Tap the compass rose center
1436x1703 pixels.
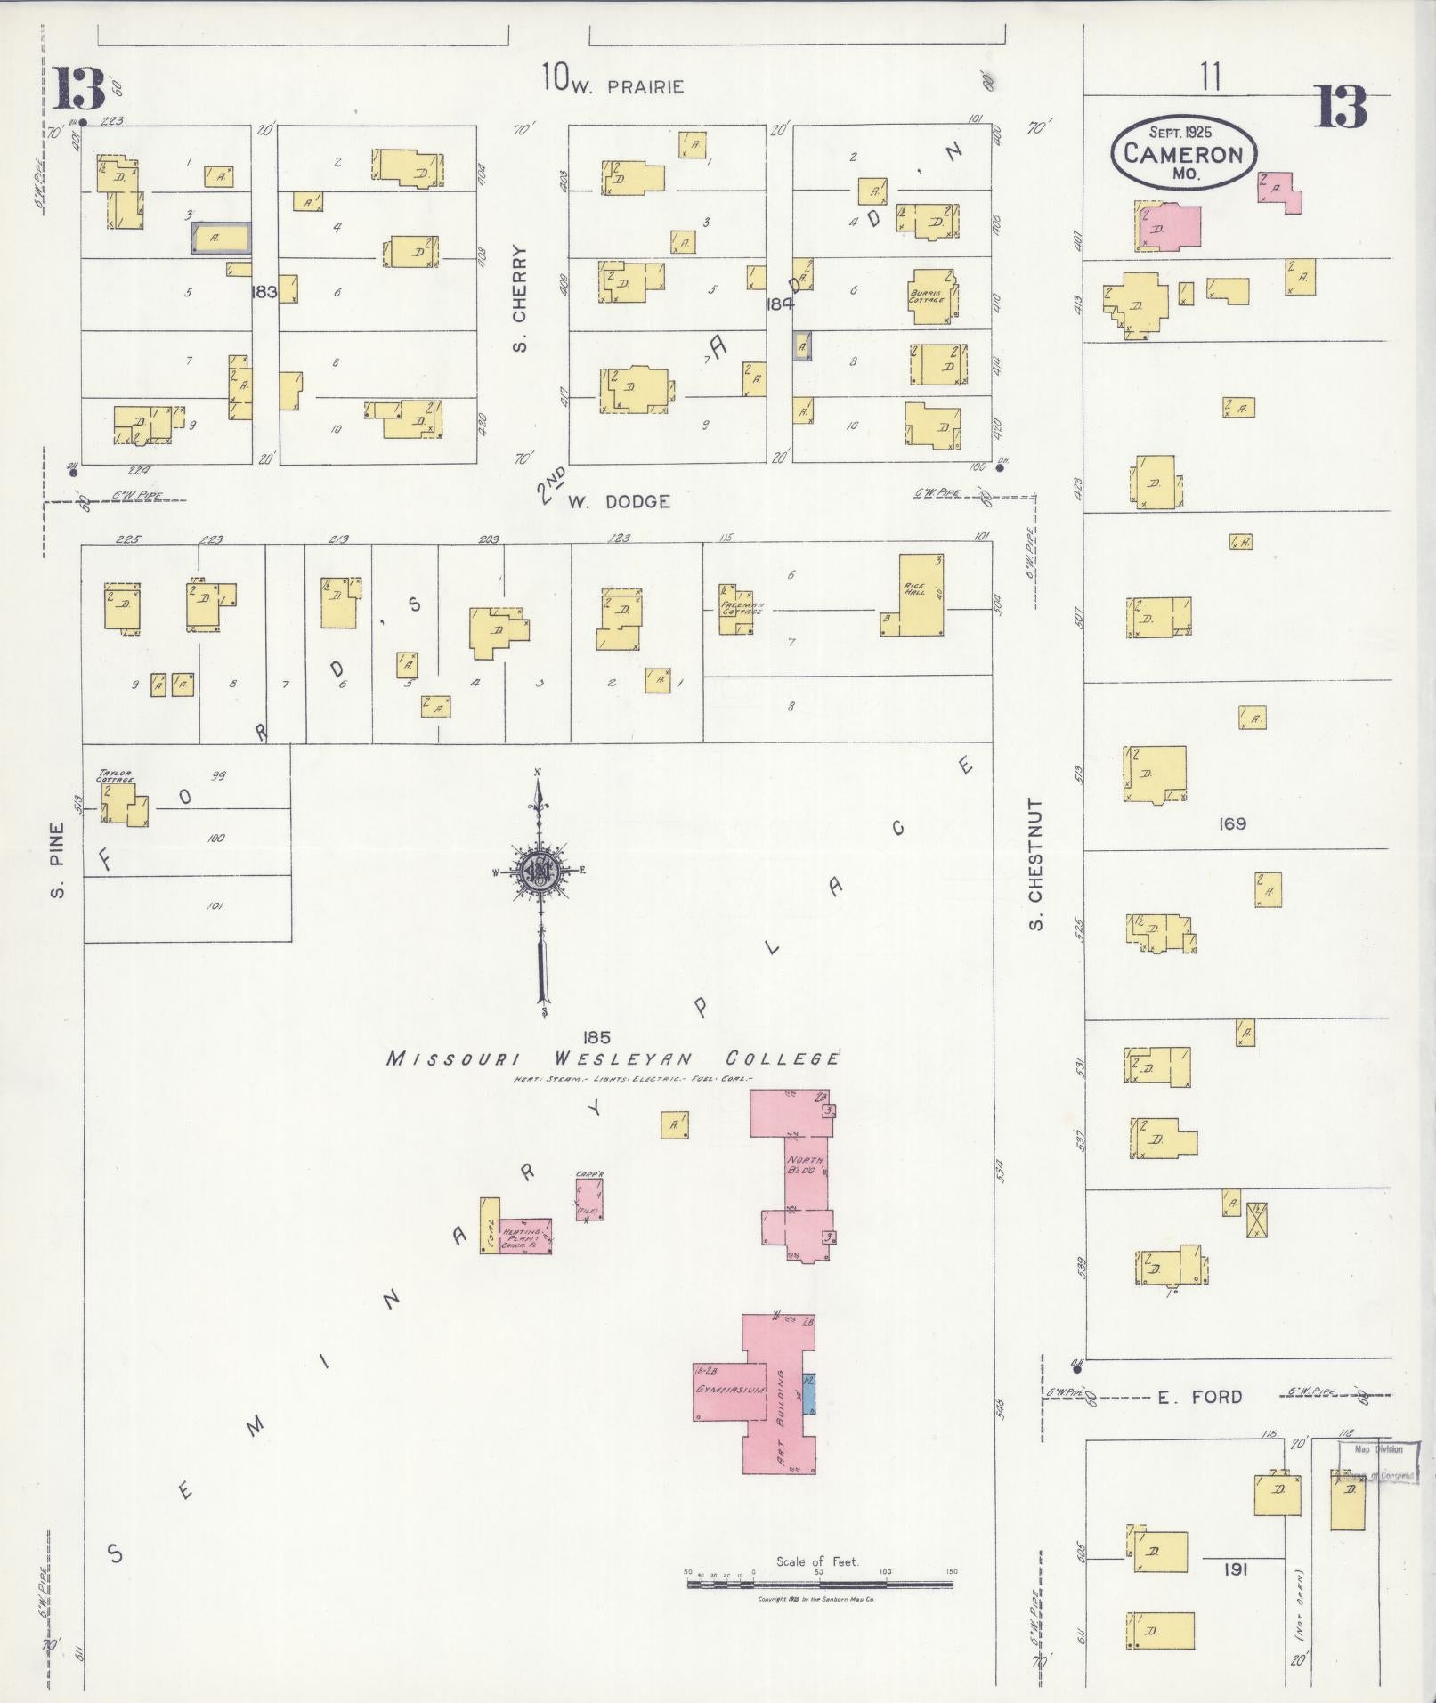pos(539,871)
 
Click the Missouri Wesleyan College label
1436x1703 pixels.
pos(613,1059)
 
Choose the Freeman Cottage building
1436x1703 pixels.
pos(736,610)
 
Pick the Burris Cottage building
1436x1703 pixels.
pos(931,295)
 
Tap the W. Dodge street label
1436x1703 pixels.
pos(619,502)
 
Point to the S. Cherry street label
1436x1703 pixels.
pos(521,298)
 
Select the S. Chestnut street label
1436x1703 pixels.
pos(1035,864)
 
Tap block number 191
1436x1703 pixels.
pos(1234,1569)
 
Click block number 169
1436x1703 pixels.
pos(1232,823)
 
